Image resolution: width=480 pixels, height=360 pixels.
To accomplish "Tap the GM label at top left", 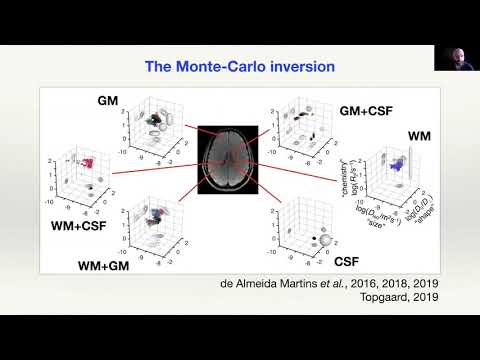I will click(x=109, y=101).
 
